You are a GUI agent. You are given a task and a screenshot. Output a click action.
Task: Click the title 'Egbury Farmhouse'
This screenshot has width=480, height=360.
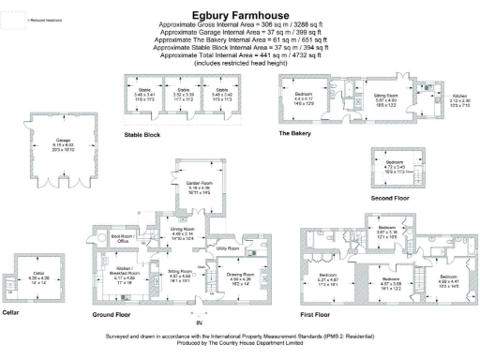click(x=239, y=15)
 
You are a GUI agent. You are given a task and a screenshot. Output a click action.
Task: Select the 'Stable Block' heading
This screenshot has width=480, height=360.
click(x=142, y=135)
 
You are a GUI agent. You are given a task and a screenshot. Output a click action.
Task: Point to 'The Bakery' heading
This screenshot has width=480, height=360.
click(x=294, y=134)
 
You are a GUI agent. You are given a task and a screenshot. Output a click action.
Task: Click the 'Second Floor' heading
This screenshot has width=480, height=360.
click(x=389, y=198)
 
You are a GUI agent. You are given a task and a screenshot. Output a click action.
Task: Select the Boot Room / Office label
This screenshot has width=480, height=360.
click(x=123, y=238)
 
